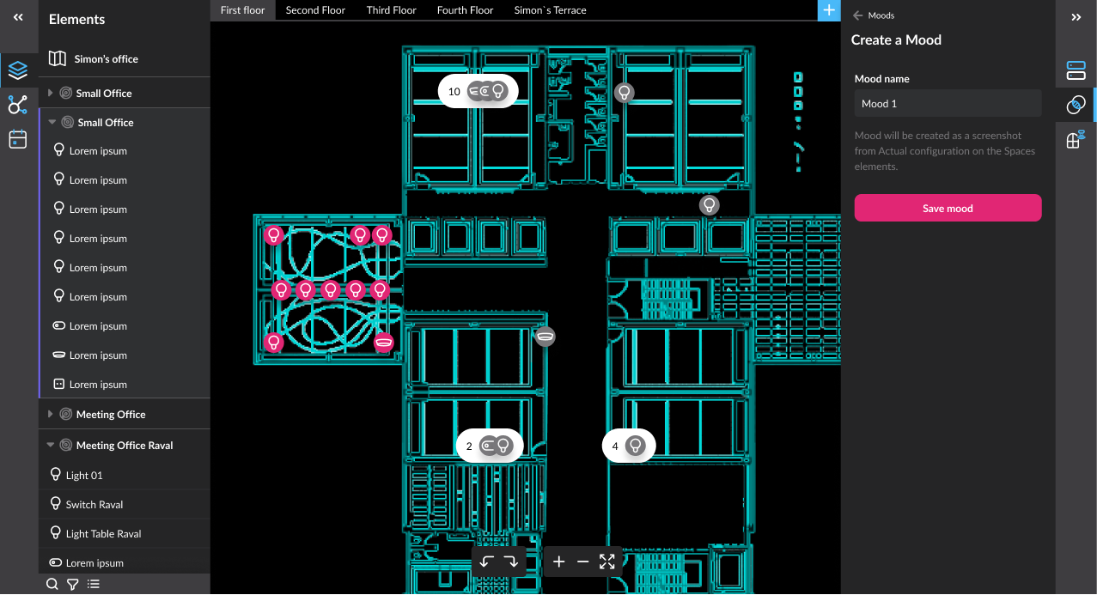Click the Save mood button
(x=948, y=208)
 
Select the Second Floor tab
(x=315, y=9)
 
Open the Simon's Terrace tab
(x=550, y=9)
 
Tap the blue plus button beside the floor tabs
(x=829, y=10)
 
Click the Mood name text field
(x=948, y=103)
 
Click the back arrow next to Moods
(x=857, y=15)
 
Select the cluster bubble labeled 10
(x=478, y=91)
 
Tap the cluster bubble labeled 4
(x=629, y=446)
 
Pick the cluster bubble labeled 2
(x=490, y=446)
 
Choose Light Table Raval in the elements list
(x=103, y=534)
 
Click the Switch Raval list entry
(x=94, y=505)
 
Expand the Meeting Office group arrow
(x=50, y=414)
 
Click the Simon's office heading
(x=106, y=58)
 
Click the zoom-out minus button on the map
(x=582, y=562)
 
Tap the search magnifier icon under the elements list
(x=52, y=584)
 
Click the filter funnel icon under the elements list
(x=72, y=584)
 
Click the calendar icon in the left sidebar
(x=18, y=139)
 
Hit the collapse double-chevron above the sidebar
(x=18, y=18)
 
